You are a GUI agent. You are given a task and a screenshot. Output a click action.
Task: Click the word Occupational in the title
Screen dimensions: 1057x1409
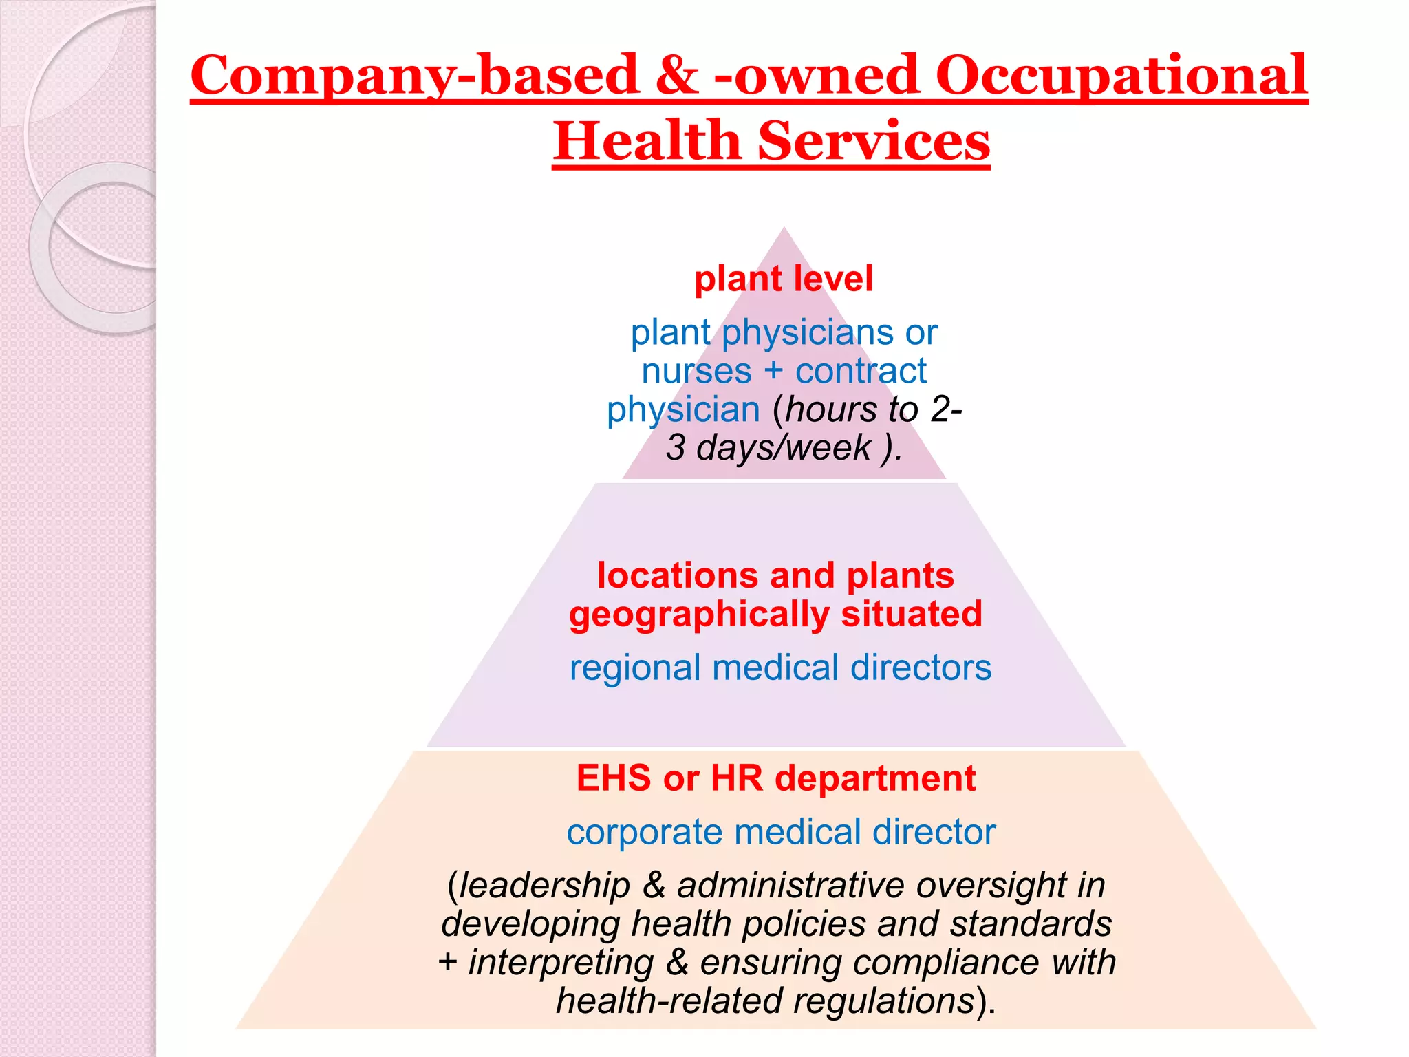(x=1121, y=76)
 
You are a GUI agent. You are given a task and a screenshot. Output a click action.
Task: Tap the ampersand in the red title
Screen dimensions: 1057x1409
(x=677, y=76)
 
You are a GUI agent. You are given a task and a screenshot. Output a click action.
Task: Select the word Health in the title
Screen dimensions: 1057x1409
(x=646, y=141)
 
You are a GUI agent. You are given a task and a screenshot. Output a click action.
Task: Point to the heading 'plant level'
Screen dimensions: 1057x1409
(x=784, y=279)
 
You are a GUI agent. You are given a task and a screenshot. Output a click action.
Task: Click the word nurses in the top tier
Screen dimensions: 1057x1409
(x=696, y=372)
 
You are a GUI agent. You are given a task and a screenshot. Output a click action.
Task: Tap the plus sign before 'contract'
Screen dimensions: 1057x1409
(x=773, y=372)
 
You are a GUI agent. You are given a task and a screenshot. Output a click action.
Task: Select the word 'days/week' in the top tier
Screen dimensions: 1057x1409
(x=784, y=448)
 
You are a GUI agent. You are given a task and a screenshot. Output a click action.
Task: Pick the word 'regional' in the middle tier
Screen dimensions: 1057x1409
(x=635, y=668)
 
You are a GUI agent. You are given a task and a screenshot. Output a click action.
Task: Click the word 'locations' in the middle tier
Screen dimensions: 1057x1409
(x=677, y=575)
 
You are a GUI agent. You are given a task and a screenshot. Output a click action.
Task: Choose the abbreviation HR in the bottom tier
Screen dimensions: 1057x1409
(x=737, y=778)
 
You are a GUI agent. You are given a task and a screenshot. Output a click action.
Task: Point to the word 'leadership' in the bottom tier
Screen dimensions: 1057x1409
(x=544, y=886)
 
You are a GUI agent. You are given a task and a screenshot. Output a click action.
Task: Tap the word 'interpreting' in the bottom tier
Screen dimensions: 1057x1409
(x=561, y=963)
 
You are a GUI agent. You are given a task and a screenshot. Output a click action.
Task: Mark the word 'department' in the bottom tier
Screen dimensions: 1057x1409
(x=875, y=778)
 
